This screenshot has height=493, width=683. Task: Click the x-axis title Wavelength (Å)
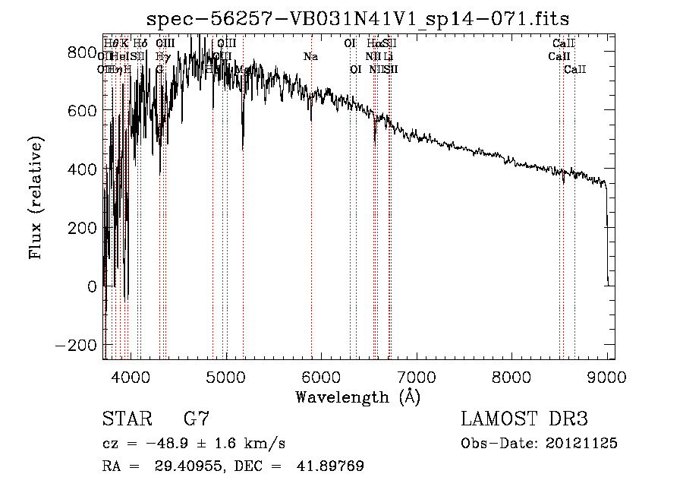[x=357, y=397]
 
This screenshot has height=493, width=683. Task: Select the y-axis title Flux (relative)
[x=36, y=198]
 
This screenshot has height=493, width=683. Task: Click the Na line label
[x=310, y=56]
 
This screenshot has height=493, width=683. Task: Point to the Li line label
[x=388, y=56]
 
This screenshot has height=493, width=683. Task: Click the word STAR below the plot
[x=124, y=419]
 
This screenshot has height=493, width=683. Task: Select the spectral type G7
[x=196, y=419]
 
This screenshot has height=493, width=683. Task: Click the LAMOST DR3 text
[x=524, y=419]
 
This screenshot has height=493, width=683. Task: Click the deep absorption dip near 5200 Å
[x=243, y=144]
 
